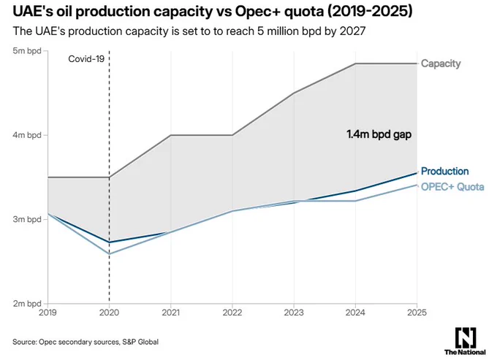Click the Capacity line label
[x=441, y=64]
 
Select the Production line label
[x=444, y=172]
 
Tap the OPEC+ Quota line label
[x=452, y=187]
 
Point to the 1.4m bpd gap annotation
[x=379, y=134]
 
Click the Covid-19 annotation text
[x=86, y=59]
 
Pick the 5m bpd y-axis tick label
[x=27, y=50]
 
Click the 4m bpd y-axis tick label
[x=27, y=135]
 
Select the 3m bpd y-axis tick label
[x=27, y=219]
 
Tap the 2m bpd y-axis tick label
[x=27, y=303]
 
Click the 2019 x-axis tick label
[x=48, y=313]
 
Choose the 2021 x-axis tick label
[x=171, y=313]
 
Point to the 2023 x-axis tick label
[x=294, y=313]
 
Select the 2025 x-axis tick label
[x=417, y=313]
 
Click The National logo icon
[x=466, y=337]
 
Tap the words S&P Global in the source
[x=140, y=342]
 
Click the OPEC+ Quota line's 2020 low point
[x=110, y=254]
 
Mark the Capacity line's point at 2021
[x=171, y=135]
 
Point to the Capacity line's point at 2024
[x=355, y=64]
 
